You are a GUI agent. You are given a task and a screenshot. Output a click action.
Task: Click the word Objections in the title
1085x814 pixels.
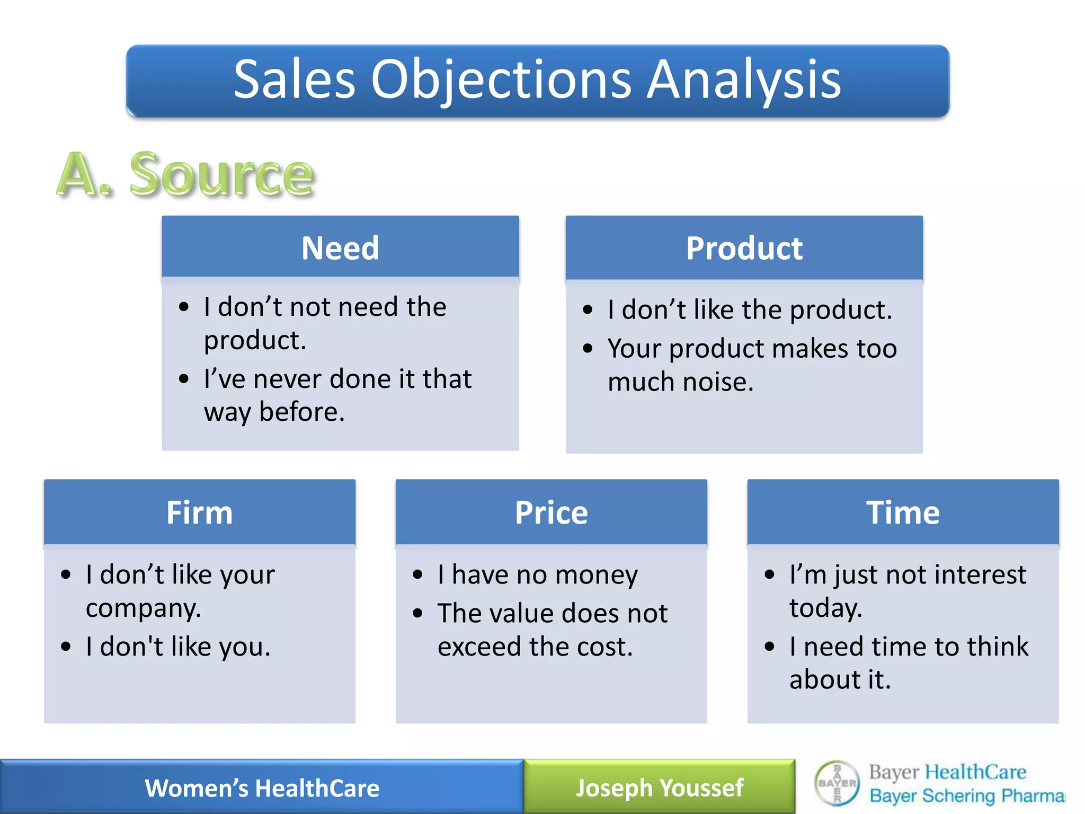[x=501, y=79]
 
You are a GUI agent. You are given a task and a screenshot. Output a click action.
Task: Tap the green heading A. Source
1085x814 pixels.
[x=185, y=175]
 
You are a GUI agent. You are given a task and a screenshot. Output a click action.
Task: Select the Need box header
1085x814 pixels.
[x=340, y=247]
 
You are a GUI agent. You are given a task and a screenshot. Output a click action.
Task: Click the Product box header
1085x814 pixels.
[x=744, y=248]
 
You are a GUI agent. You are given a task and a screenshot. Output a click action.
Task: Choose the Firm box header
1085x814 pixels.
[x=199, y=512]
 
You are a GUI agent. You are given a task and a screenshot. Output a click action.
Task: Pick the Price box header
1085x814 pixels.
[x=551, y=512]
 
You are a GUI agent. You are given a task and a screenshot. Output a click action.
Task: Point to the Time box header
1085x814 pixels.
[x=903, y=512]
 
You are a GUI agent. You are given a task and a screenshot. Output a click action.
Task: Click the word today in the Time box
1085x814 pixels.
[x=825, y=608]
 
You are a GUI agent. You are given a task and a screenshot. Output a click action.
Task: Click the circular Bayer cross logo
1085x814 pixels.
[x=837, y=783]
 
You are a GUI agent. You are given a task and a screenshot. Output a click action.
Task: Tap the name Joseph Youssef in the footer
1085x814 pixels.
[x=659, y=788]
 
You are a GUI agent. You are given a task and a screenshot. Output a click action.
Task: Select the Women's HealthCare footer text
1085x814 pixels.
[x=262, y=788]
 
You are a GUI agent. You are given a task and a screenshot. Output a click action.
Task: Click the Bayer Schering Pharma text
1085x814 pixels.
[x=966, y=796]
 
